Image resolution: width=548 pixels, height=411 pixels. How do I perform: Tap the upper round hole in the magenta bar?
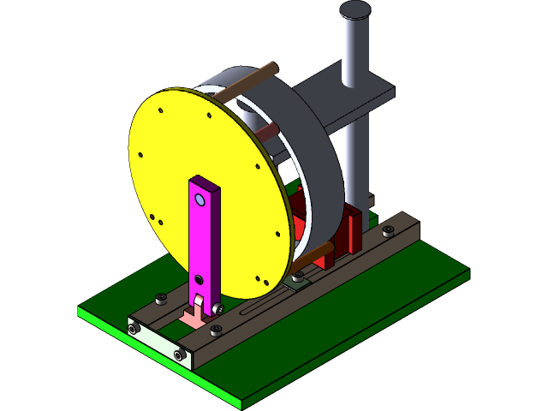[200, 200]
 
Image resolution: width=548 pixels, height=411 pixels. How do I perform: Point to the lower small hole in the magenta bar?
[199, 279]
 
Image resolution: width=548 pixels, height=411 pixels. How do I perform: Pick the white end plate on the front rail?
[158, 342]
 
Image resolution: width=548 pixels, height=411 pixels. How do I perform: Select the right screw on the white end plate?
[179, 355]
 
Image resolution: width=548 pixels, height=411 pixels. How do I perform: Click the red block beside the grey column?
[353, 231]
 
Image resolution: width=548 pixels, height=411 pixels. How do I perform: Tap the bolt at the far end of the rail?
[389, 231]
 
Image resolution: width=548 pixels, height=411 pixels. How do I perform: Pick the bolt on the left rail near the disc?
[161, 299]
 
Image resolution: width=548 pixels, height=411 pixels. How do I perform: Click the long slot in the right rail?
[257, 304]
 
